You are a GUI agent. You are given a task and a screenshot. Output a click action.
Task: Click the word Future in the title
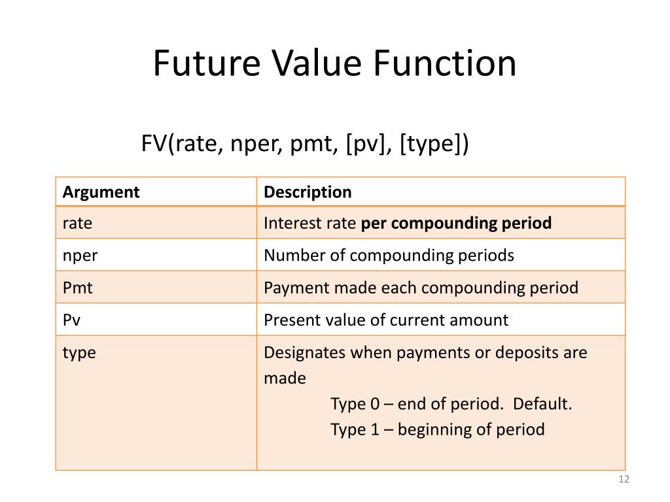[196, 64]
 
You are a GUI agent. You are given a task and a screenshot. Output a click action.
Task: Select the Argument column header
[101, 192]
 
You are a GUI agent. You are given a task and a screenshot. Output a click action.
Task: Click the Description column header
[308, 192]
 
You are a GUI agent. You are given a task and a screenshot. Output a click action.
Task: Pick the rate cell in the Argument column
[77, 224]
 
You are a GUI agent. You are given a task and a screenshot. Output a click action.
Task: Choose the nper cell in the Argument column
[80, 256]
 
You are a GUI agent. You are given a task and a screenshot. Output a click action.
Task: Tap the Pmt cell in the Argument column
[78, 288]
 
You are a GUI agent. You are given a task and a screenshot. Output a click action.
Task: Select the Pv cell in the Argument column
[72, 320]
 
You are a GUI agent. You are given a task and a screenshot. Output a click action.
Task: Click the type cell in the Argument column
[79, 353]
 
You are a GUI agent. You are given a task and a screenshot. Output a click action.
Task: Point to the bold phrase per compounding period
[457, 224]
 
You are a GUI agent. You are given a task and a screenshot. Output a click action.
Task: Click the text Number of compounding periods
[389, 256]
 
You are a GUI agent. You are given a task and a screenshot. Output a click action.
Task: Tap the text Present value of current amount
[385, 320]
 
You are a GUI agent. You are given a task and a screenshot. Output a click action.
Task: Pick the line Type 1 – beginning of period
[437, 429]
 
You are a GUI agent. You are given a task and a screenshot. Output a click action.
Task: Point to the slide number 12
[623, 480]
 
